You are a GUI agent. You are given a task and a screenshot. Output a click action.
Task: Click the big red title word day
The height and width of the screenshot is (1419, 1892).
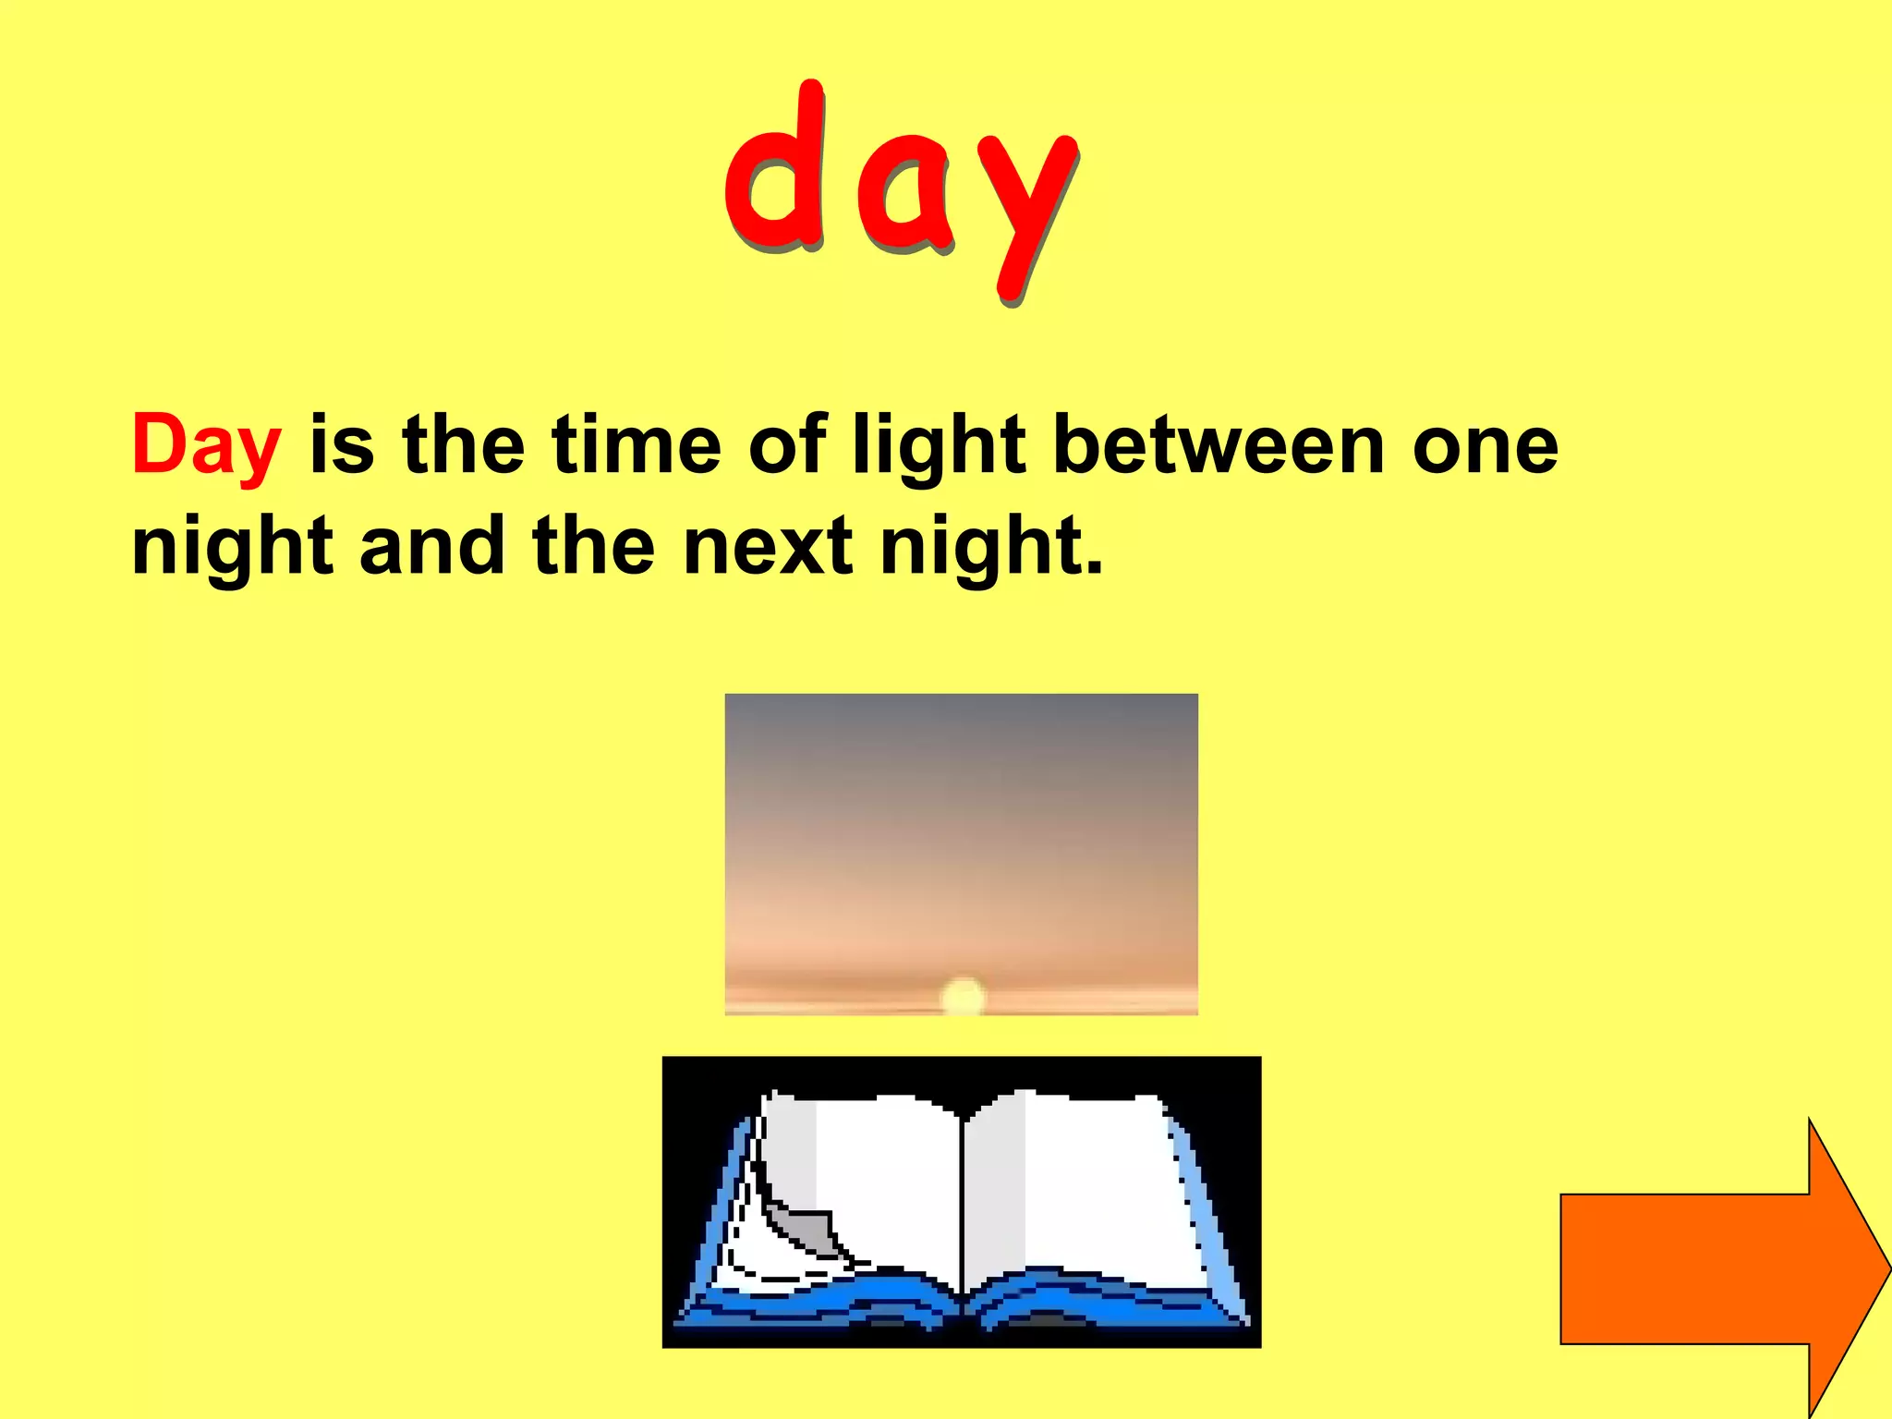(901, 189)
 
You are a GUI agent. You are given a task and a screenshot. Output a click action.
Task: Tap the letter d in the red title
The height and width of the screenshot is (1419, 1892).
(776, 171)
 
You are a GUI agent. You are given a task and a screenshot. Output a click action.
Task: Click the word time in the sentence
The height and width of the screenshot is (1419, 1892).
(637, 446)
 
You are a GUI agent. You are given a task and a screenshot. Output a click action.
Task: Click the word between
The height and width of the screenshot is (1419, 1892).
(1219, 446)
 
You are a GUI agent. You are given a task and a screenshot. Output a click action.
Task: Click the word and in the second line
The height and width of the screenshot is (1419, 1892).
(432, 547)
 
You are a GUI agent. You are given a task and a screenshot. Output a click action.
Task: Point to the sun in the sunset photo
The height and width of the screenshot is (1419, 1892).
(963, 997)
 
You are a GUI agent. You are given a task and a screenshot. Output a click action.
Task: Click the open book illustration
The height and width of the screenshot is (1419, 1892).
(961, 1201)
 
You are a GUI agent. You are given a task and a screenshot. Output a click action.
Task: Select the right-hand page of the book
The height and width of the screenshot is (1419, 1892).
(1090, 1182)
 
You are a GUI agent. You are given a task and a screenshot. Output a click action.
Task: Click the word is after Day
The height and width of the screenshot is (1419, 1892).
(342, 446)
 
